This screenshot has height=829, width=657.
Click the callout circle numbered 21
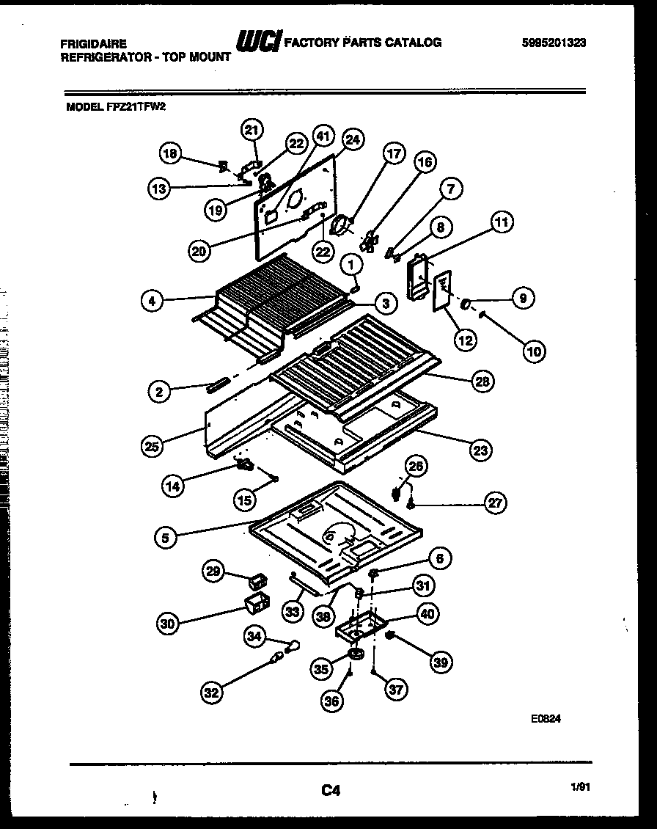[x=252, y=131]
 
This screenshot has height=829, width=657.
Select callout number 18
[x=170, y=153]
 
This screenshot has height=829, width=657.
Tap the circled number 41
[x=323, y=136]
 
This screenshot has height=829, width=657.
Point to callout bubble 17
[x=394, y=154]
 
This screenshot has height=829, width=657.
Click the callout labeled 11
[x=503, y=222]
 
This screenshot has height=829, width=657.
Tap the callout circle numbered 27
[x=496, y=503]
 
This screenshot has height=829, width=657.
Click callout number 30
[x=169, y=624]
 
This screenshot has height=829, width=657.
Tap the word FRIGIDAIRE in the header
[x=93, y=44]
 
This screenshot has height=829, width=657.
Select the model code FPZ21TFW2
[x=145, y=106]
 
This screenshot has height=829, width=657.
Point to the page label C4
[x=331, y=790]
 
